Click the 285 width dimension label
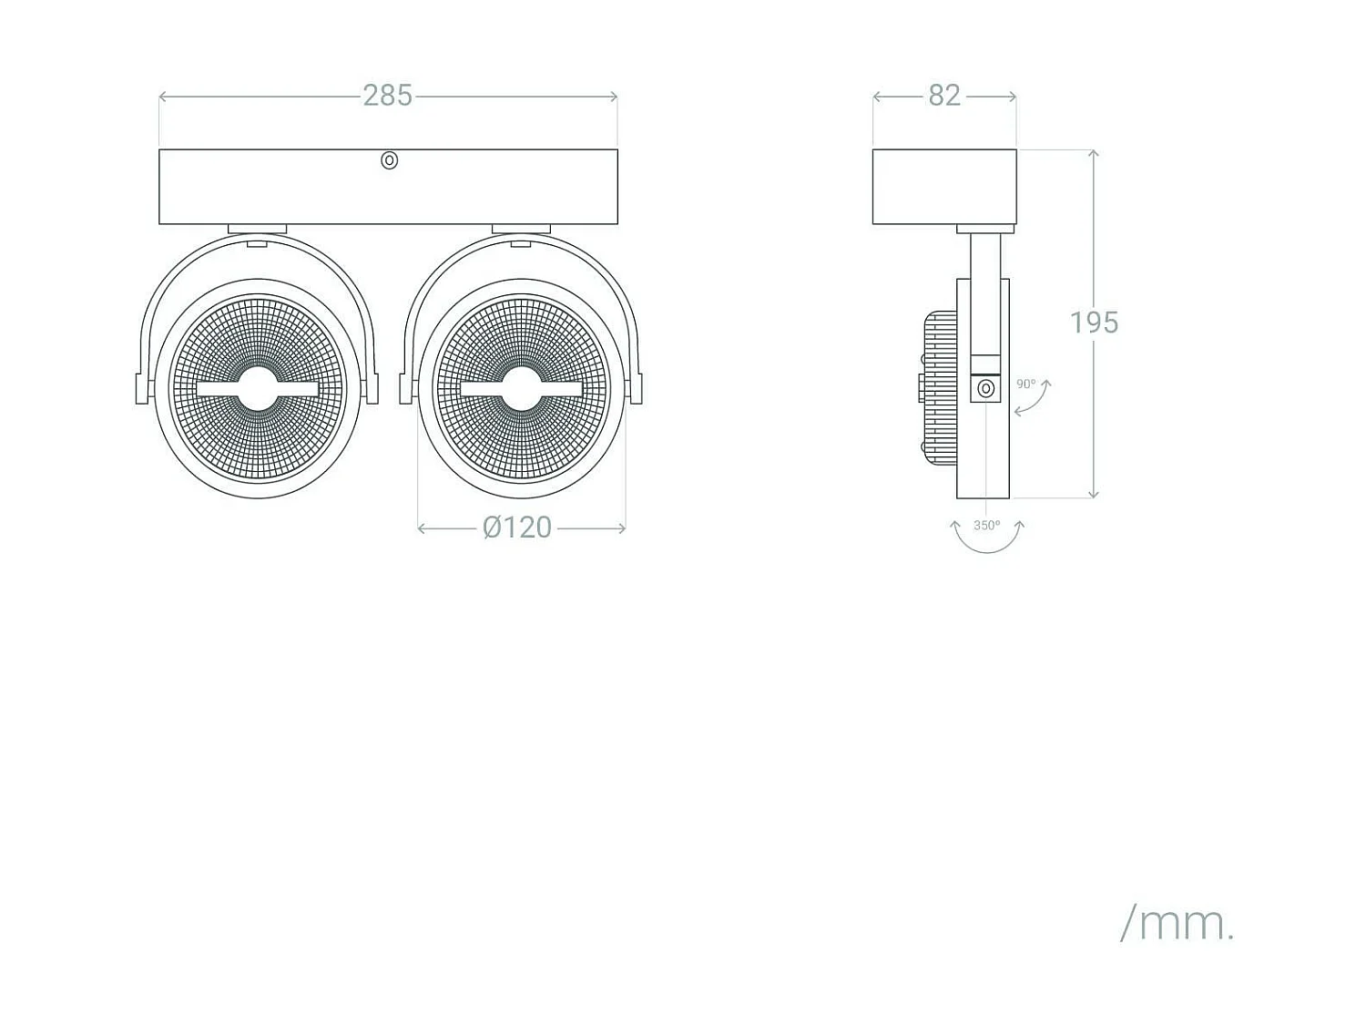pos(387,96)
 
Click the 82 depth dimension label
pos(944,96)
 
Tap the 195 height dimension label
pos(1094,323)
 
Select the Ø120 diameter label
pos(517,528)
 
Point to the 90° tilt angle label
pos(1025,384)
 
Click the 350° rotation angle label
pos(987,526)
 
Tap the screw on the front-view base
pos(389,160)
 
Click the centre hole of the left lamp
pos(258,389)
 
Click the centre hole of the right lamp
pos(522,389)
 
